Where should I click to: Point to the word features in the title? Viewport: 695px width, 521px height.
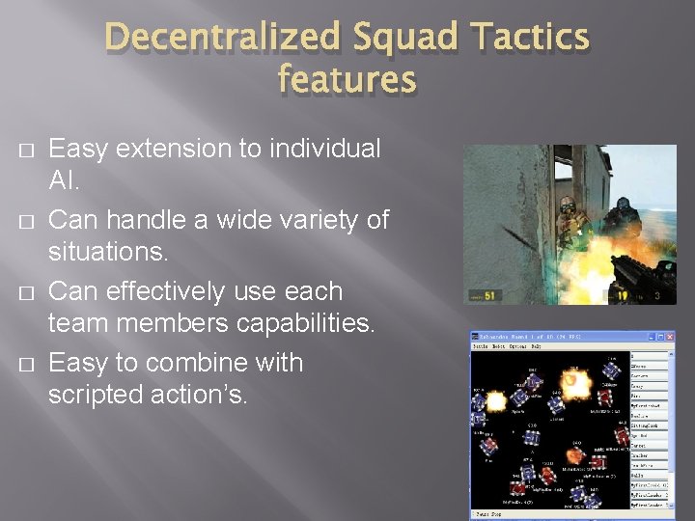[x=347, y=79]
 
